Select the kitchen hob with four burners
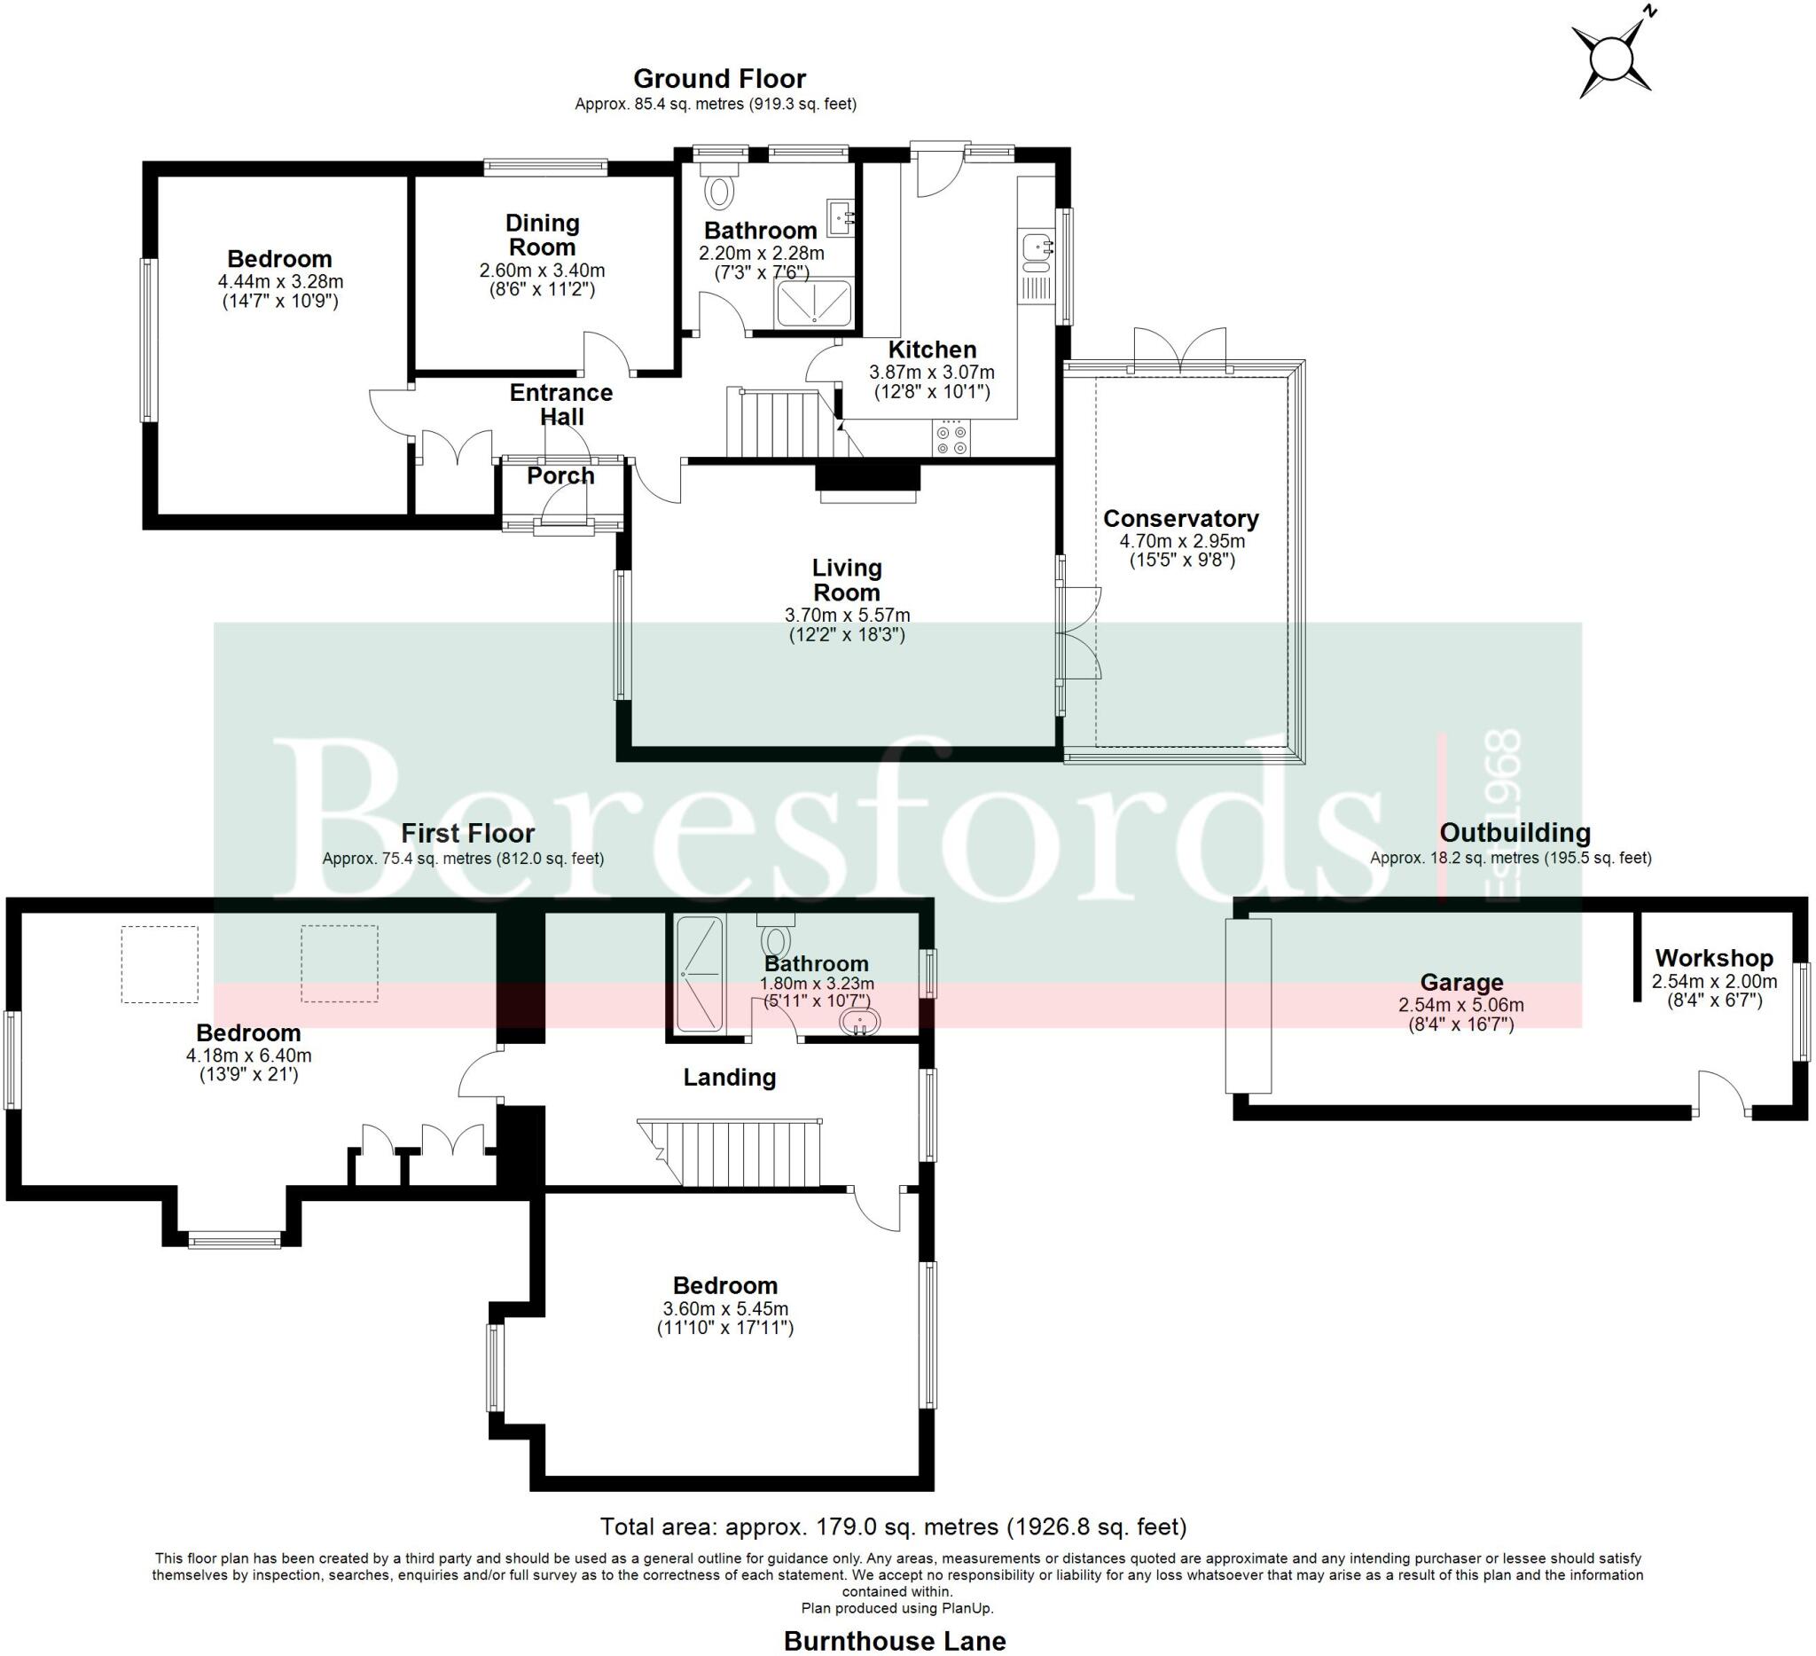pyautogui.click(x=952, y=439)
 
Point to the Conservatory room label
pyautogui.click(x=1181, y=519)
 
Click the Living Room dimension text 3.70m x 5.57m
pyautogui.click(x=847, y=616)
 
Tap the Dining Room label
pyautogui.click(x=542, y=235)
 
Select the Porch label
pyautogui.click(x=560, y=475)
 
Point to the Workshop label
pyautogui.click(x=1713, y=958)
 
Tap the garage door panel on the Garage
pyautogui.click(x=1248, y=1006)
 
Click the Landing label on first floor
pyautogui.click(x=729, y=1078)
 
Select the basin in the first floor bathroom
pyautogui.click(x=859, y=1023)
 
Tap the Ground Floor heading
pyautogui.click(x=719, y=78)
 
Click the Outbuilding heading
pyautogui.click(x=1515, y=833)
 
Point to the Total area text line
pyautogui.click(x=893, y=1527)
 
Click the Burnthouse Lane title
pyautogui.click(x=894, y=1642)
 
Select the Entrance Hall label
pyautogui.click(x=560, y=404)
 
